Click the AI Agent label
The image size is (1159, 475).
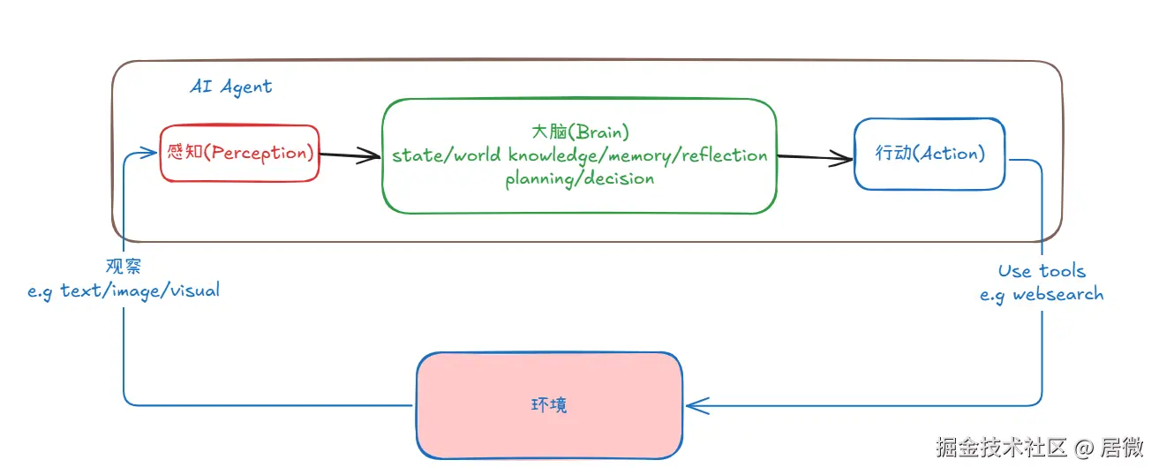pyautogui.click(x=231, y=87)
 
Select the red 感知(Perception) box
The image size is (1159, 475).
pyautogui.click(x=240, y=154)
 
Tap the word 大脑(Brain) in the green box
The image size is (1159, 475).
pyautogui.click(x=580, y=132)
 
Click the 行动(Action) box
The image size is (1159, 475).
pyautogui.click(x=929, y=154)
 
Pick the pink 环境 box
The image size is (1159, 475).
pyautogui.click(x=549, y=405)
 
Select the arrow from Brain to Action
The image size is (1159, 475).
pyautogui.click(x=816, y=158)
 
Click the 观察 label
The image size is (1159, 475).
pyautogui.click(x=124, y=266)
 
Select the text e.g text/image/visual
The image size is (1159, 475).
pyautogui.click(x=124, y=290)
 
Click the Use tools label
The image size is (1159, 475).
pyautogui.click(x=1042, y=271)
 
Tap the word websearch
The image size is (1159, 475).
pyautogui.click(x=1057, y=294)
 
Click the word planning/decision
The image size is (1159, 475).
pyautogui.click(x=580, y=178)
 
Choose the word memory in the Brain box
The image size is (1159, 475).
pyautogui.click(x=639, y=155)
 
